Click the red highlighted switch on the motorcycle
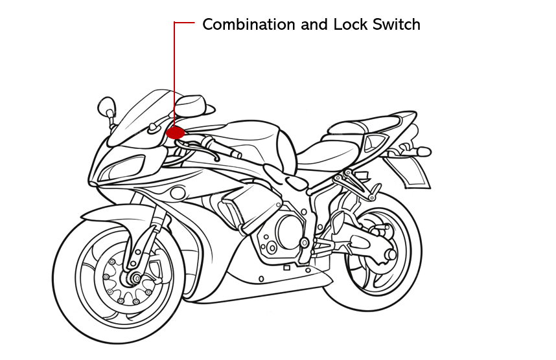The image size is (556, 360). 174,132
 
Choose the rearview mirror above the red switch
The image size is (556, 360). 191,105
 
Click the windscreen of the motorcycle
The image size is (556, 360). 139,117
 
